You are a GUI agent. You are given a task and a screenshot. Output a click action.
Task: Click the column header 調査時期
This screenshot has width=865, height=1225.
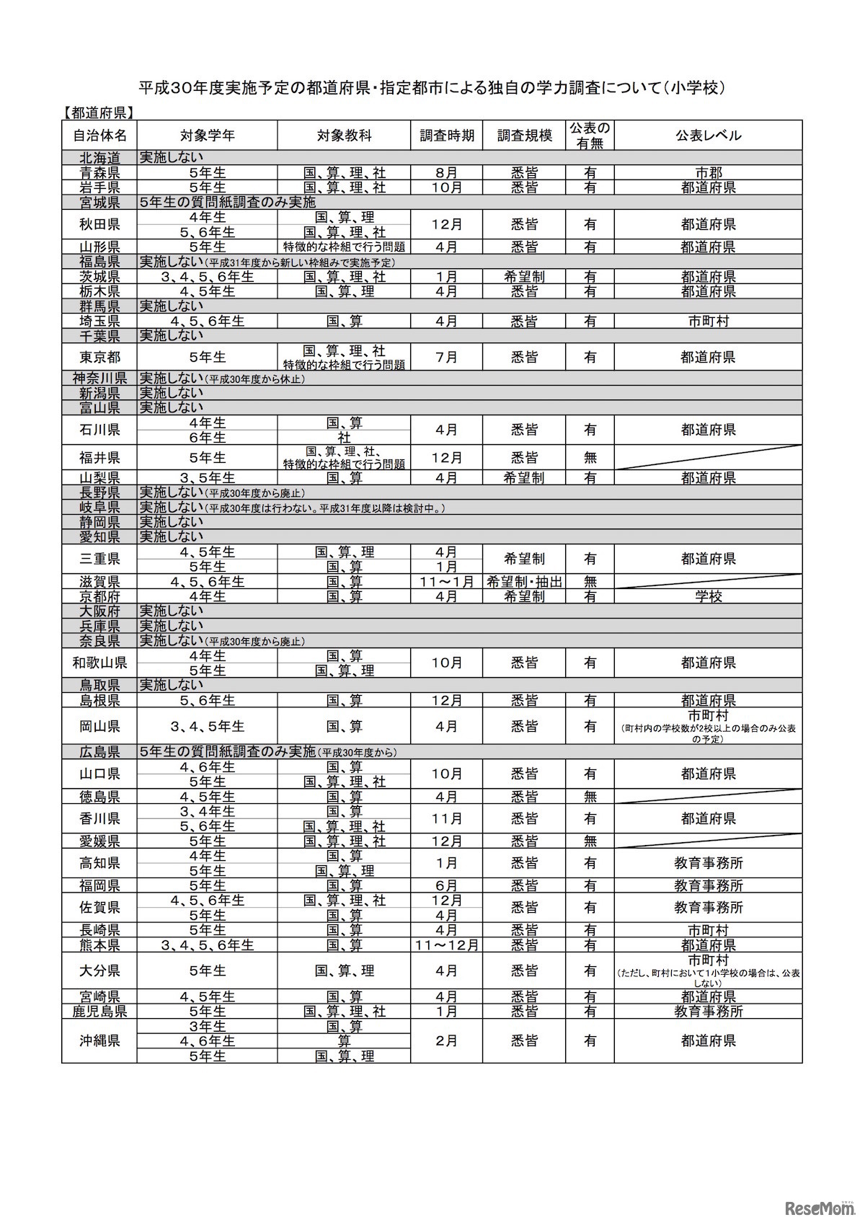click(x=446, y=136)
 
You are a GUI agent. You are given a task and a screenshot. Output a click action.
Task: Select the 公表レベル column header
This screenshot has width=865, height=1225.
click(x=708, y=136)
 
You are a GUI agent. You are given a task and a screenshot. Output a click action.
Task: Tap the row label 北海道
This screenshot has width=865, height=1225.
click(x=99, y=157)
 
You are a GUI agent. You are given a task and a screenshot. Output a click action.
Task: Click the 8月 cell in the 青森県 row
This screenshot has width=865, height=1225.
click(x=446, y=172)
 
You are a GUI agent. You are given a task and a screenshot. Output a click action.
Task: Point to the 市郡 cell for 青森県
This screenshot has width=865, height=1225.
click(x=708, y=172)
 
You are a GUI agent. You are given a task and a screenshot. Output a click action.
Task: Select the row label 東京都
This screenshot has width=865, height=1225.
click(x=99, y=357)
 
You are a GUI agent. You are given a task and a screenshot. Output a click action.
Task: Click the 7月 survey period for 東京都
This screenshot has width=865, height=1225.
click(x=446, y=357)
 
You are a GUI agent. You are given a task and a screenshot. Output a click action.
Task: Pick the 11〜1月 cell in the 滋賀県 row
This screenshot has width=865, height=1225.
click(x=446, y=581)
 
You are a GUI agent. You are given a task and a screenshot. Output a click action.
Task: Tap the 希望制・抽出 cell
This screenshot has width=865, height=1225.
click(x=524, y=581)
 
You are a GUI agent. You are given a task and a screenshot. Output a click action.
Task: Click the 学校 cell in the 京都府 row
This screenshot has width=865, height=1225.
click(x=708, y=596)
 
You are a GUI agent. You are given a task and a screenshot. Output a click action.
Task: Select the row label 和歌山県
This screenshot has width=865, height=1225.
click(x=99, y=663)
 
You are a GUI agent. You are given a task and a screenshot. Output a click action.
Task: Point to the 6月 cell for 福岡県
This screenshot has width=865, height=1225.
click(x=446, y=885)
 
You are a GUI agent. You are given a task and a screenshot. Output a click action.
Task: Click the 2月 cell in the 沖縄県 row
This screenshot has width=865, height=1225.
click(x=446, y=1041)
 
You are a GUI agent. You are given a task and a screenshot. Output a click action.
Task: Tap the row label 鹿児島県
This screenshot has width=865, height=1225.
click(x=99, y=1012)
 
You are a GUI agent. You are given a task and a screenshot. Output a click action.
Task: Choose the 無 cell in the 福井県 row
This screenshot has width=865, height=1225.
click(x=590, y=458)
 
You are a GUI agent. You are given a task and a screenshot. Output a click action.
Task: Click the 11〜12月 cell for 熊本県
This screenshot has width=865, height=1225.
click(x=446, y=945)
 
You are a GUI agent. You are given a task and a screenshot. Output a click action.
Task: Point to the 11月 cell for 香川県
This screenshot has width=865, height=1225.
click(x=446, y=819)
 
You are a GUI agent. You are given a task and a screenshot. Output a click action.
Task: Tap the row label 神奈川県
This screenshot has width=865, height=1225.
click(x=99, y=379)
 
